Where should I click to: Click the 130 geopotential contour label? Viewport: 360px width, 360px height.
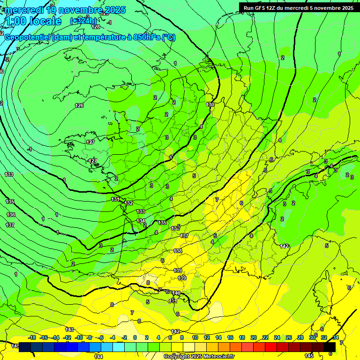click(x=210, y=104)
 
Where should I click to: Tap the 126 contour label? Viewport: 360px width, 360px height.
click(x=79, y=105)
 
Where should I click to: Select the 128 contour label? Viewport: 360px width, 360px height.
click(x=96, y=27)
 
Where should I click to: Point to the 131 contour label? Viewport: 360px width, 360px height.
click(x=115, y=199)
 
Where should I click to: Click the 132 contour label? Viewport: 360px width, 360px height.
click(x=129, y=203)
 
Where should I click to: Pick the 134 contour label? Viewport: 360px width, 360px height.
click(x=141, y=221)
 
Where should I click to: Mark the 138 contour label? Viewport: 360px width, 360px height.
click(x=178, y=251)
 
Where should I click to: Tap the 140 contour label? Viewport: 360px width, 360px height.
click(x=176, y=293)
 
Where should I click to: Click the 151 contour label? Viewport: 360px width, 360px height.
click(x=172, y=300)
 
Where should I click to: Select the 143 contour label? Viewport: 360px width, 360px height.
click(x=69, y=330)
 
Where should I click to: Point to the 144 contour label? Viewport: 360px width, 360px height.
click(x=98, y=357)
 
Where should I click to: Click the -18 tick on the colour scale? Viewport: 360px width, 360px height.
click(x=32, y=337)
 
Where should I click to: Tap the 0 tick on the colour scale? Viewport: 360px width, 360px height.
click(x=135, y=337)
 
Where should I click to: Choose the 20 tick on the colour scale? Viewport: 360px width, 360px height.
click(x=254, y=337)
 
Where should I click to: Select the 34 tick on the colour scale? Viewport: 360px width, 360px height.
click(x=336, y=337)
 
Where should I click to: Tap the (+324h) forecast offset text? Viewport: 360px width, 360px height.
click(x=83, y=21)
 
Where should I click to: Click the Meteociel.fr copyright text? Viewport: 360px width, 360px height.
click(x=199, y=357)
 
